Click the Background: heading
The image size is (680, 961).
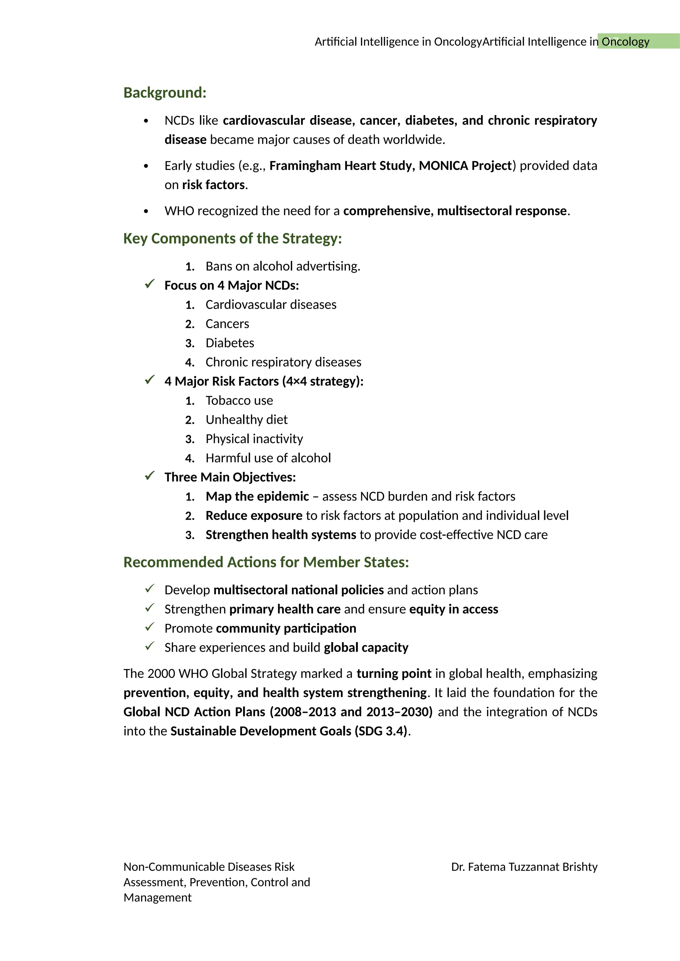(x=165, y=93)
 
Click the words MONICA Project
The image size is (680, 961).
(x=465, y=166)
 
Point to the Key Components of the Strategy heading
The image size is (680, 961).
(x=232, y=239)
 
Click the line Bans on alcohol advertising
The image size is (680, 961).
(x=283, y=266)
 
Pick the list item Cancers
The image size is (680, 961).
(x=227, y=324)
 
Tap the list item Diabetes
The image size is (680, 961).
(x=229, y=343)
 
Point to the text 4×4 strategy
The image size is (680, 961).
(x=322, y=381)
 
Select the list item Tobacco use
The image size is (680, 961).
(x=239, y=401)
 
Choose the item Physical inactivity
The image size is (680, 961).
(x=254, y=439)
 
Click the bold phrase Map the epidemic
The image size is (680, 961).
(x=257, y=496)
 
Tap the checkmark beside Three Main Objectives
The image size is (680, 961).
(x=149, y=476)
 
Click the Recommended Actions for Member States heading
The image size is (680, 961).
(x=266, y=562)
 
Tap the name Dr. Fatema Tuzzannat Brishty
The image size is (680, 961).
(x=524, y=867)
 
